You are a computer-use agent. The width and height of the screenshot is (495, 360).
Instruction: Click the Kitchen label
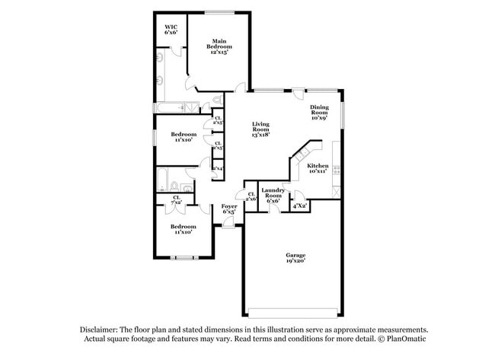click(x=318, y=165)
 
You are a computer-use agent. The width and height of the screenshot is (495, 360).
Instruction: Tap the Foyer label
click(x=228, y=206)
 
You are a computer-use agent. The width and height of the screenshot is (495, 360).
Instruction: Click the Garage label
click(x=295, y=255)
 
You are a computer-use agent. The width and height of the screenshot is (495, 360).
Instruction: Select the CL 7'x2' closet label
click(x=176, y=200)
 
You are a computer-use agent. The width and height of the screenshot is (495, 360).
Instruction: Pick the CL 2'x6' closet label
click(x=251, y=196)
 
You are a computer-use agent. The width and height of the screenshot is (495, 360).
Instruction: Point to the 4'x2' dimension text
click(x=299, y=205)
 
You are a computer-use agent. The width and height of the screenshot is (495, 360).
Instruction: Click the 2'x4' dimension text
click(x=218, y=169)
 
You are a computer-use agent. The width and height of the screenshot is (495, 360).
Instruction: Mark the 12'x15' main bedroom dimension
click(x=219, y=47)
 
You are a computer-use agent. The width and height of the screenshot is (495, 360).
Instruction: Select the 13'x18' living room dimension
click(x=261, y=134)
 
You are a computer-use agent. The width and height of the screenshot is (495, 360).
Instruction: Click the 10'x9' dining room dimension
click(x=319, y=119)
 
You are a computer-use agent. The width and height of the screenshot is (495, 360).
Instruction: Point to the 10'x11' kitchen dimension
click(x=318, y=171)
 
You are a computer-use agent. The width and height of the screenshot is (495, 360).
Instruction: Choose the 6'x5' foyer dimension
click(x=228, y=212)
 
